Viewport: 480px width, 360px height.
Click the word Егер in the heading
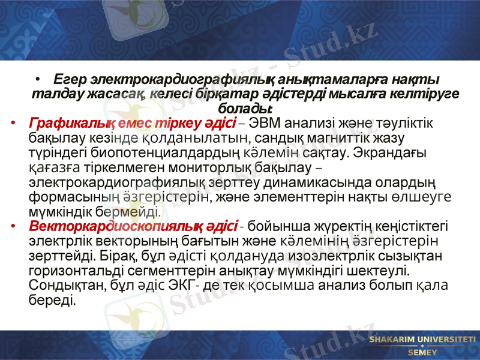click(x=70, y=80)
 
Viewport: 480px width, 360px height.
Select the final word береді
click(x=52, y=299)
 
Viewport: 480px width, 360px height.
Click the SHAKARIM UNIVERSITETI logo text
click(x=422, y=340)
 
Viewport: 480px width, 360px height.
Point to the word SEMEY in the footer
click(x=422, y=352)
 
